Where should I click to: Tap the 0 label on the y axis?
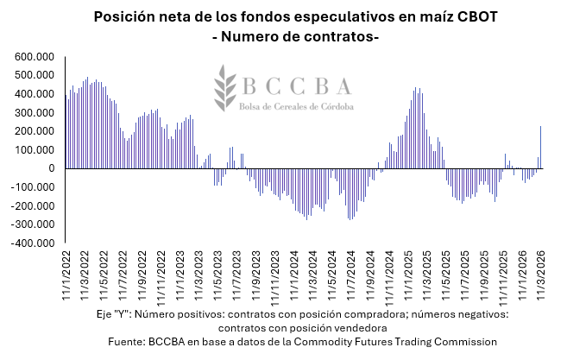click(x=52, y=168)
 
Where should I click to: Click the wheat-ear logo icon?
click(x=227, y=87)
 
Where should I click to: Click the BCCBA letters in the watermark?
click(x=296, y=85)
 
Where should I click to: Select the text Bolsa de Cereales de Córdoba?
click(x=297, y=105)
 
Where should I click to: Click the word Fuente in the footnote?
click(x=128, y=342)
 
